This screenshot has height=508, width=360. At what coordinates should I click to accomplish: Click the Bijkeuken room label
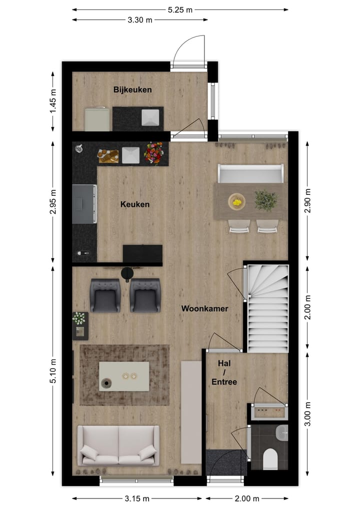[x=132, y=90]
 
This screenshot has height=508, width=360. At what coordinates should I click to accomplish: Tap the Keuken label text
[x=134, y=204]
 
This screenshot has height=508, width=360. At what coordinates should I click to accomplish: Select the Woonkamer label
[x=204, y=309]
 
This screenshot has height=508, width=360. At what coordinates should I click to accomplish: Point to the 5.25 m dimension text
[x=180, y=9]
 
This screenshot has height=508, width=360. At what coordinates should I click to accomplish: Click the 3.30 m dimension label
[x=140, y=20]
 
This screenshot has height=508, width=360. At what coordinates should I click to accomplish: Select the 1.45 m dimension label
[x=53, y=102]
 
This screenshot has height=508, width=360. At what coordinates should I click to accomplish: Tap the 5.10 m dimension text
[x=53, y=370]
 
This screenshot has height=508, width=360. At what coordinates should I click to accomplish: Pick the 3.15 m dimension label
[x=137, y=499]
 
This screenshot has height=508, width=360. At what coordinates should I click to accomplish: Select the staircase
[x=268, y=309]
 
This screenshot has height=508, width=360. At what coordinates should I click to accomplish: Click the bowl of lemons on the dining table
[x=236, y=202]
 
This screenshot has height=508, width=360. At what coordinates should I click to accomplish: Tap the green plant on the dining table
[x=265, y=200]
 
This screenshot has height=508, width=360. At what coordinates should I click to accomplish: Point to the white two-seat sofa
[x=118, y=446]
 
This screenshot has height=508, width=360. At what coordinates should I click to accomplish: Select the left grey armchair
[x=105, y=295]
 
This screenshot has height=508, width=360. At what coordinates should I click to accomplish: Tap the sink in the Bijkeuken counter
[x=150, y=118]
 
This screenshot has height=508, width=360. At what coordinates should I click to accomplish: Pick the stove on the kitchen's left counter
[x=84, y=204]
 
